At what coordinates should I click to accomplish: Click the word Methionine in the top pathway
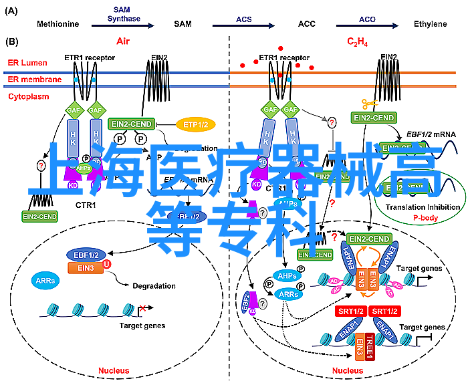(x=58, y=24)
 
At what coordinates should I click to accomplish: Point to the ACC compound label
(x=307, y=24)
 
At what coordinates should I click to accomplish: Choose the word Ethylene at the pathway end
(x=430, y=24)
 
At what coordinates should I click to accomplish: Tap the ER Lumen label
(x=24, y=62)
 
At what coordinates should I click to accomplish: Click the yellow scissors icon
(x=369, y=104)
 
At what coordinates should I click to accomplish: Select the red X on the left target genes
(x=142, y=309)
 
